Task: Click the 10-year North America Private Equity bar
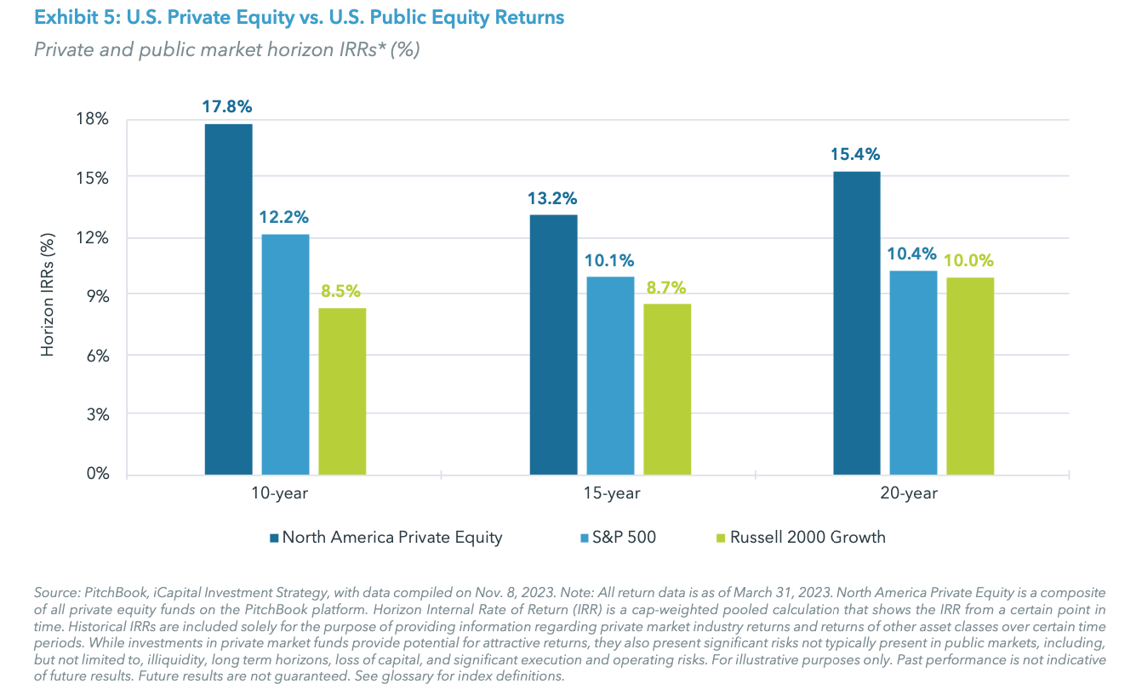(x=228, y=299)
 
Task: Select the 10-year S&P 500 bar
(x=285, y=354)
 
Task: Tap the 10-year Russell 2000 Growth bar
(x=342, y=391)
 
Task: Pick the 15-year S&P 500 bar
(x=610, y=375)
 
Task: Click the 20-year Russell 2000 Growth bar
(x=970, y=376)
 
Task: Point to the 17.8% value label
(x=226, y=107)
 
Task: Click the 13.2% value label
(x=552, y=198)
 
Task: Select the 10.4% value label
(x=912, y=254)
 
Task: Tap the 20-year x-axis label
(x=913, y=493)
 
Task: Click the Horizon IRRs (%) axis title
(x=49, y=296)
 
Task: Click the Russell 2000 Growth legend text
(x=808, y=538)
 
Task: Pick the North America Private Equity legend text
(x=392, y=538)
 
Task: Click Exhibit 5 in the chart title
(x=70, y=17)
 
